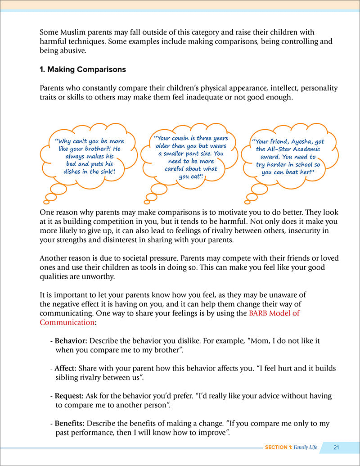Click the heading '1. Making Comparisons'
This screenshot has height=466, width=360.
tap(83, 70)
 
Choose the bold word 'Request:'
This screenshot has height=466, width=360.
tap(69, 396)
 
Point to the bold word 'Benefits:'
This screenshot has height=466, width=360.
tap(70, 423)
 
